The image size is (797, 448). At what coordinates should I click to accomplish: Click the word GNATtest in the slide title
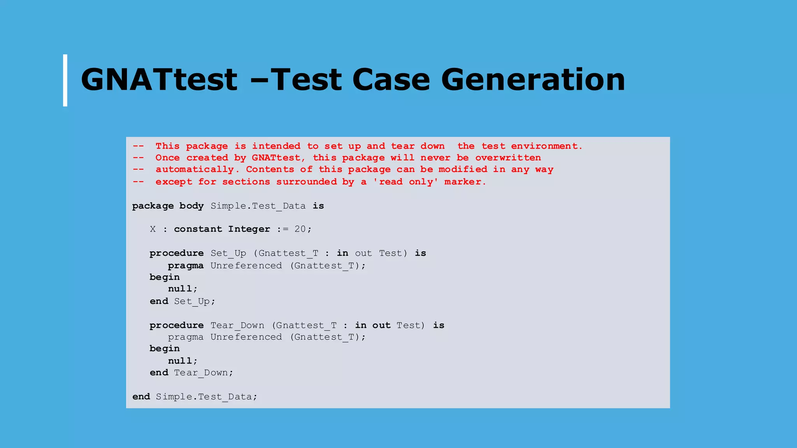(159, 80)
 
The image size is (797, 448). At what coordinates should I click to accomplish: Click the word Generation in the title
(533, 80)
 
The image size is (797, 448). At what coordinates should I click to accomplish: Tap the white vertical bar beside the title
(65, 80)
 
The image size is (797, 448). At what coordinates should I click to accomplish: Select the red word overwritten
(508, 158)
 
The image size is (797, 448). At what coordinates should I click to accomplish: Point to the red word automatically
(195, 170)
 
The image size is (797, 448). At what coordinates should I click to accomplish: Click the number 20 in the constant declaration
(300, 229)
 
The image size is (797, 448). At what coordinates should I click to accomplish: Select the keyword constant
(198, 229)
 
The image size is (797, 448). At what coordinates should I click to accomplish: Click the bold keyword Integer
(249, 229)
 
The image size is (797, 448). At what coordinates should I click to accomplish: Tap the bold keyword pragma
(186, 266)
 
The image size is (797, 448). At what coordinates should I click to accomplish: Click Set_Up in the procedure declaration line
(228, 254)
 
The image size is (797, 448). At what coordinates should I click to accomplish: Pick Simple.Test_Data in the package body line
(258, 206)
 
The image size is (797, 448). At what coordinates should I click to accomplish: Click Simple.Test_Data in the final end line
(204, 397)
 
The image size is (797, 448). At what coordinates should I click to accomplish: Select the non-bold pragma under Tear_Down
(186, 337)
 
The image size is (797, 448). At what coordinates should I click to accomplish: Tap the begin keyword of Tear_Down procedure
(165, 348)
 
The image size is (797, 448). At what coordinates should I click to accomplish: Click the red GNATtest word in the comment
(276, 158)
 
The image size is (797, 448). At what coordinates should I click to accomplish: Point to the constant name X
(153, 229)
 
